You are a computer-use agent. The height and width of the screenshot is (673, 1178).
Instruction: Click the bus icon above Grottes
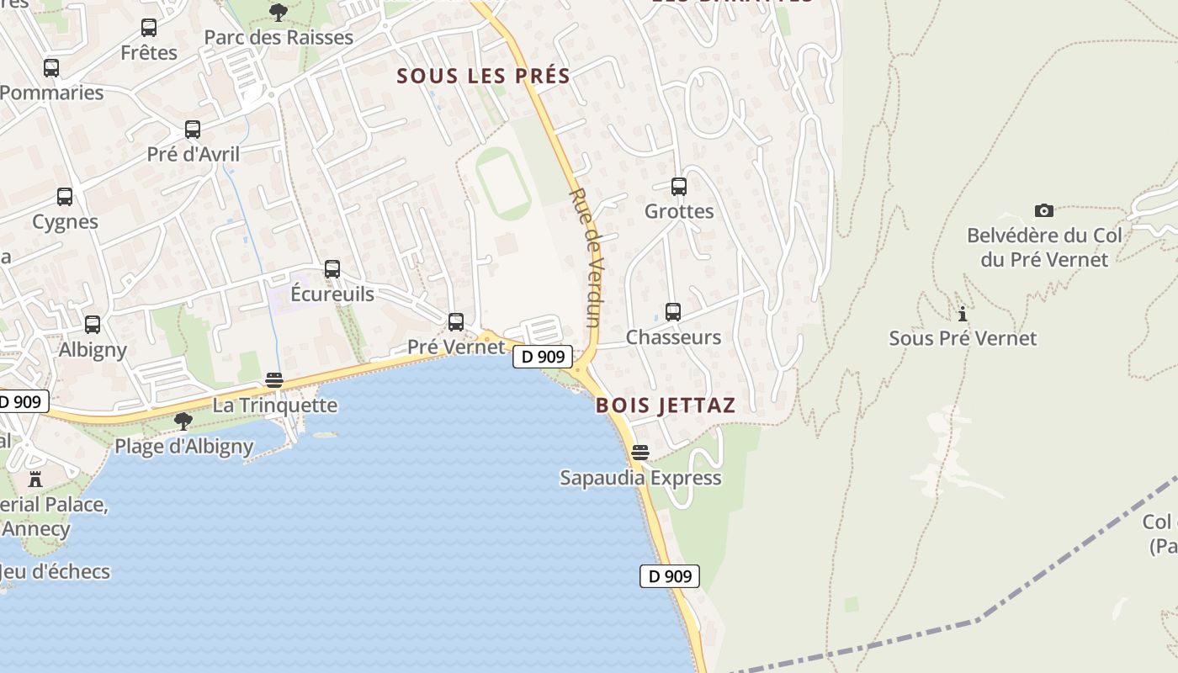[679, 187]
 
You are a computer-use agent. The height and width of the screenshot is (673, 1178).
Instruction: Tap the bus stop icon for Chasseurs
[673, 312]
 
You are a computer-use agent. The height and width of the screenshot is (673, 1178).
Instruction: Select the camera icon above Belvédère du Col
[1043, 210]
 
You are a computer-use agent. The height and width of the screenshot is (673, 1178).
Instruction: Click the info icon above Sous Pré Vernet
[963, 314]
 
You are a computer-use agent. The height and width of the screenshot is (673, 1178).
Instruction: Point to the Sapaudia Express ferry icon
[640, 453]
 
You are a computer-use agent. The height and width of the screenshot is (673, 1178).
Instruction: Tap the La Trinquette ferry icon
[274, 380]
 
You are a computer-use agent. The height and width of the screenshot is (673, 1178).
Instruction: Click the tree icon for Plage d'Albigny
[183, 421]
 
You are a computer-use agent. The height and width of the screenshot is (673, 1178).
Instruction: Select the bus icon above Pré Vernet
[456, 321]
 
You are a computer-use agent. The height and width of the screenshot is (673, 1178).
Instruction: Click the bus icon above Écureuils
[332, 269]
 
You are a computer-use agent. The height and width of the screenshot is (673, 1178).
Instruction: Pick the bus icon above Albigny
[93, 325]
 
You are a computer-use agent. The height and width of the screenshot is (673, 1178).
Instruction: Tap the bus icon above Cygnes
[65, 197]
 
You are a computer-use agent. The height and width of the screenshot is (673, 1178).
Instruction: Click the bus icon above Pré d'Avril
[193, 130]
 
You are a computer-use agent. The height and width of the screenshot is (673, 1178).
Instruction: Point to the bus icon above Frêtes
[149, 28]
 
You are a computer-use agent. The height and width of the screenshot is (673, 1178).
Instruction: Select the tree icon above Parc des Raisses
[279, 13]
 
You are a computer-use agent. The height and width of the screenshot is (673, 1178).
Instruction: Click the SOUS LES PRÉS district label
[483, 76]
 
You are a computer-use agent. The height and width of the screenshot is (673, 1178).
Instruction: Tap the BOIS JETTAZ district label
[666, 405]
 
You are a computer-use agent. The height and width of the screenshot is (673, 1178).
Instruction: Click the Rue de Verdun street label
[586, 257]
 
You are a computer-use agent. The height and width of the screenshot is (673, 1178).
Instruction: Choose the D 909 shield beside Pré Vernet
[543, 357]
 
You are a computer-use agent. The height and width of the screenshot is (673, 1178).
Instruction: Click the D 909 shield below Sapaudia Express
[670, 576]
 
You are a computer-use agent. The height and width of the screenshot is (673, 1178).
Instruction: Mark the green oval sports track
[503, 183]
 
